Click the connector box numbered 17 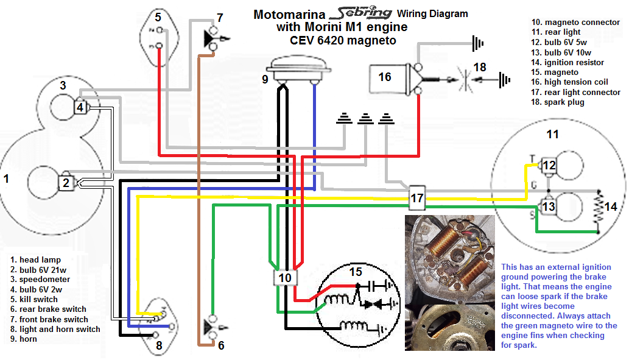pos(417,198)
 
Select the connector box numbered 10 pos(285,278)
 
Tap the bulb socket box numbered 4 pos(80,108)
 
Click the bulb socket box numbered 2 pos(66,182)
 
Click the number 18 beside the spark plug pos(480,67)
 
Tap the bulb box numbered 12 pos(549,164)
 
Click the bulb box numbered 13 pos(549,206)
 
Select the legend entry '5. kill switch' pos(38,300)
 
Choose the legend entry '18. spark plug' pos(557,102)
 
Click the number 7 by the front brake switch pos(220,18)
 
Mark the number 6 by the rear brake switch pos(221,345)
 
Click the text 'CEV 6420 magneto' pos(342,41)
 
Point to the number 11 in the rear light pos(552,133)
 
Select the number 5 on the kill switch pos(158,16)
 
